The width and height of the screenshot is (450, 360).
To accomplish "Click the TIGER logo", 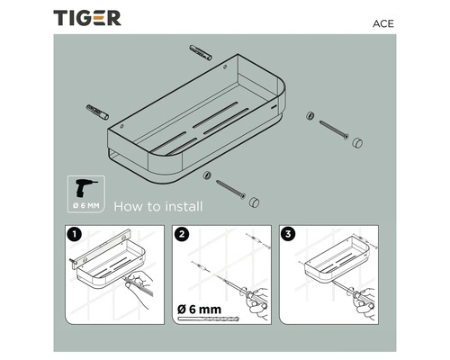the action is point(87,18).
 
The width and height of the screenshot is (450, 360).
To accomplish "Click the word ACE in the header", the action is point(383,23).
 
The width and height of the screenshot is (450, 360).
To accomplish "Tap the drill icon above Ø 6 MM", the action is point(85,188).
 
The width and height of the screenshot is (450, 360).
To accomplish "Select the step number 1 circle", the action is point(75,234).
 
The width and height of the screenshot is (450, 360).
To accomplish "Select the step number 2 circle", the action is point(182,234).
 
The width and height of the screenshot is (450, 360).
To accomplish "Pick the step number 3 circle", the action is point(288,234).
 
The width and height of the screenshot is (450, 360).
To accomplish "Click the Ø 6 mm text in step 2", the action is point(199,310).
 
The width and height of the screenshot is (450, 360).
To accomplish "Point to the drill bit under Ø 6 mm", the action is point(209,319).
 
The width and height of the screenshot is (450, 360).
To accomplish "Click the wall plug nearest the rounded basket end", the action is point(201,52).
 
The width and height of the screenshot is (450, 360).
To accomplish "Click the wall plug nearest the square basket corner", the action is point(97,112).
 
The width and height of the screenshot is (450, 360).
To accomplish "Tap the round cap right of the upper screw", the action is point(357,143).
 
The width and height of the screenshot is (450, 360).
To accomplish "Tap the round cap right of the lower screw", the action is point(254,202).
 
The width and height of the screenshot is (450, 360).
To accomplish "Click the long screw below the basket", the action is point(230,189).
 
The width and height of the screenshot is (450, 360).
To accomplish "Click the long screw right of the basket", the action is point(334,130).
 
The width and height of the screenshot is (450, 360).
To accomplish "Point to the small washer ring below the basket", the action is point(207,175).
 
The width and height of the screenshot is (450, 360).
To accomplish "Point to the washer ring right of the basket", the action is point(310,115).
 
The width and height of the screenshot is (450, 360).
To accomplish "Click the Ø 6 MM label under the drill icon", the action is point(86,206).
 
